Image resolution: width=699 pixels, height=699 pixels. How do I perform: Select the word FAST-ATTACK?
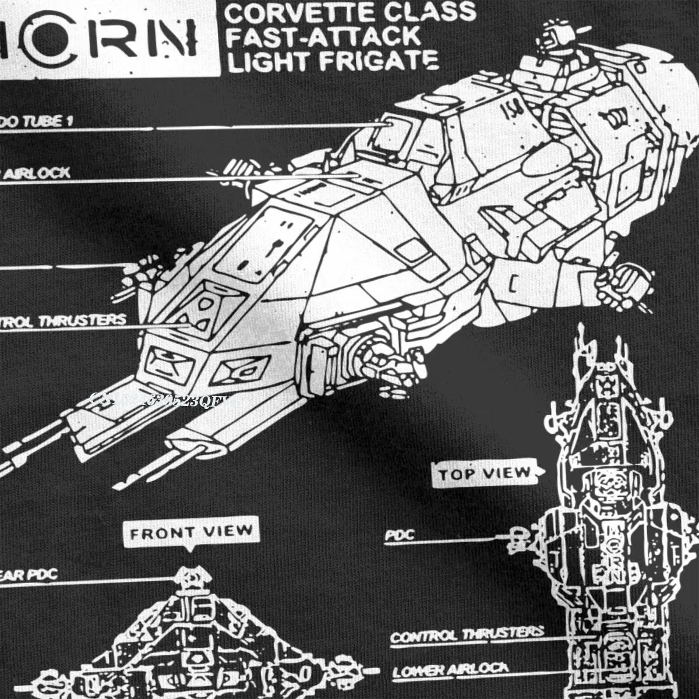(323, 36)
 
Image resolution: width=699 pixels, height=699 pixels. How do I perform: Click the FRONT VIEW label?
(191, 532)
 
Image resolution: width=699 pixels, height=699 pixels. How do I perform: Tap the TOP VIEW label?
(485, 474)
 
